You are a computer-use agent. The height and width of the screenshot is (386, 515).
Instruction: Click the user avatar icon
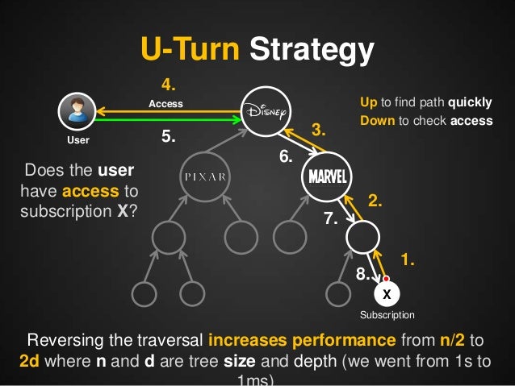click(77, 110)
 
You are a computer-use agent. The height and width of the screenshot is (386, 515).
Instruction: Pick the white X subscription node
click(387, 292)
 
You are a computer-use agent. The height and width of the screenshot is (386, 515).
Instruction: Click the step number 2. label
click(375, 201)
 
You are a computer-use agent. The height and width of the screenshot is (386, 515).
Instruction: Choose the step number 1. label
click(408, 259)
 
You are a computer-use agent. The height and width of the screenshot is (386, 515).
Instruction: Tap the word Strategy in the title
click(311, 51)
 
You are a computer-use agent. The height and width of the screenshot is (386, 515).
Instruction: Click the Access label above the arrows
click(166, 104)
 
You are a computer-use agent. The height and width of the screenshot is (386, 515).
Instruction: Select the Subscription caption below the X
click(387, 315)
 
